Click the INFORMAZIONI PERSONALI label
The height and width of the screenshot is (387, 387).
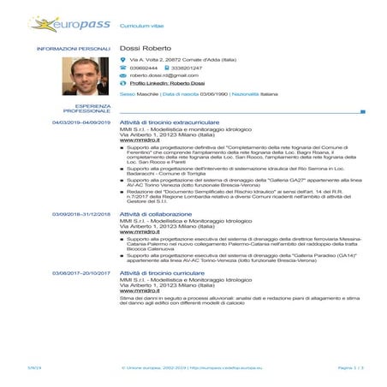click(x=74, y=49)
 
